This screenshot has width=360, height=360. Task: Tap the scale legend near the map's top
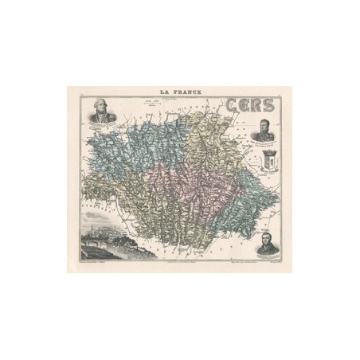click(x=151, y=104)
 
